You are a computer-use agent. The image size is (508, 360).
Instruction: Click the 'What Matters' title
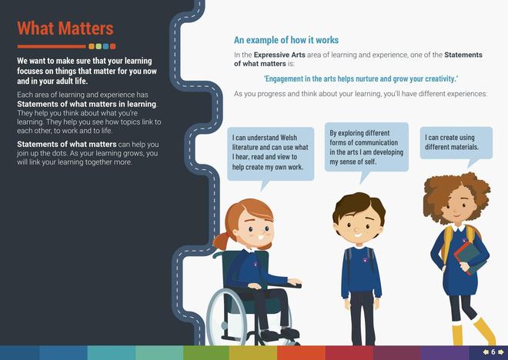point(65,28)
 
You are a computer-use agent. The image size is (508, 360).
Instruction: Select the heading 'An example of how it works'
point(286,40)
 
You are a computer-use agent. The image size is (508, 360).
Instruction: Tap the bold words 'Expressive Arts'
point(279,55)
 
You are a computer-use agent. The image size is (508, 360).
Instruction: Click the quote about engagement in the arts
point(361,78)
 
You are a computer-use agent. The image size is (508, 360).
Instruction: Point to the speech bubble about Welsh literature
point(270,154)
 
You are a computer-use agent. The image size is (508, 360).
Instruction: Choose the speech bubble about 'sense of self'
point(366,147)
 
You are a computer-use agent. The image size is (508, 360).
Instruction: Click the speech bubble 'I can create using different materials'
point(456,143)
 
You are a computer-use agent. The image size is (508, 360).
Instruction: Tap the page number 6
point(493,352)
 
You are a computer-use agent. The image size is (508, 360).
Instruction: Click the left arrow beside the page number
point(486,352)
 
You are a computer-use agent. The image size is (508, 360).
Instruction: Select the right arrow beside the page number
point(501,352)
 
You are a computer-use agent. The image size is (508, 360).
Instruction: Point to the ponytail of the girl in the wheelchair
point(221,240)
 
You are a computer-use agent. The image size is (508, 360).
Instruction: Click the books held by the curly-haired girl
point(470,258)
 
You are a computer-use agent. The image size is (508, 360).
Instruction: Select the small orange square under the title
point(92,46)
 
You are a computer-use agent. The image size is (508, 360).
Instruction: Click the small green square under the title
point(99,46)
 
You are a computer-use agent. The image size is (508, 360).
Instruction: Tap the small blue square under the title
point(105,46)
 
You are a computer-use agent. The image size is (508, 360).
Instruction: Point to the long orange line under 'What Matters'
point(52,47)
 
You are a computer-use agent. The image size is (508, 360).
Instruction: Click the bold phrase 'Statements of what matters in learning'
point(86,105)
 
